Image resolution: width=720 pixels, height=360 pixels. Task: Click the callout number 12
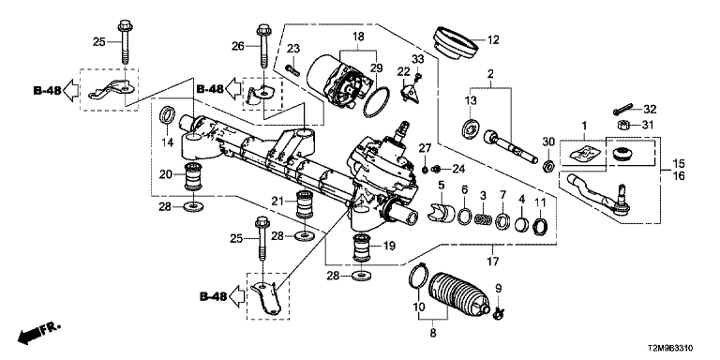(x=492, y=40)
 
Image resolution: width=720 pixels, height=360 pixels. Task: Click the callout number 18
(x=358, y=37)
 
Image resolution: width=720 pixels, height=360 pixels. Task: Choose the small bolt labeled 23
(x=292, y=70)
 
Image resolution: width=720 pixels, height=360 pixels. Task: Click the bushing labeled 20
(x=194, y=177)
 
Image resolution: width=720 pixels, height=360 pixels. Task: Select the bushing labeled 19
(x=361, y=247)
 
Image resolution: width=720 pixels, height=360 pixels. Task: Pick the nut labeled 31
(x=624, y=125)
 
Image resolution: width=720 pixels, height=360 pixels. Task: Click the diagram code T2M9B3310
(x=671, y=348)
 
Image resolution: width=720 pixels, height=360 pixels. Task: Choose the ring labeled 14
(x=167, y=114)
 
